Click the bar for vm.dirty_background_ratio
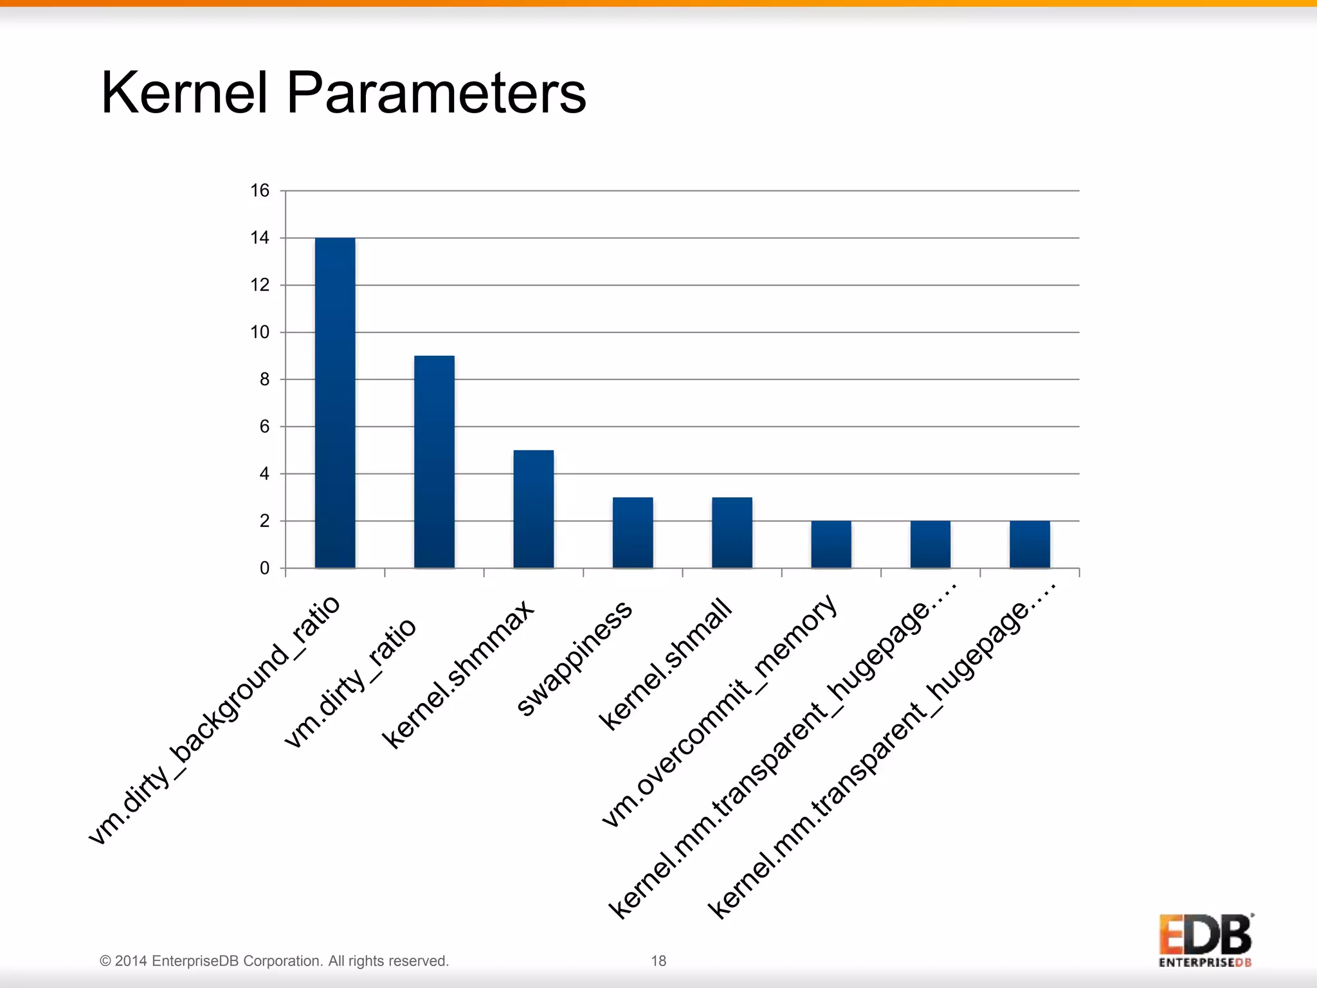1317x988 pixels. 335,403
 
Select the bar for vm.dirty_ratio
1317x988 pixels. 434,462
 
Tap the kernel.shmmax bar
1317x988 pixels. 533,509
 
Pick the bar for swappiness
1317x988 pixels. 633,533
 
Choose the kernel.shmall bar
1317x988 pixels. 732,533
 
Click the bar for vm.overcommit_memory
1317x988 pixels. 831,544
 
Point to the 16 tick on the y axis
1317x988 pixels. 260,191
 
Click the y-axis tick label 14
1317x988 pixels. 260,238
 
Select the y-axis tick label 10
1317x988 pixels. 260,333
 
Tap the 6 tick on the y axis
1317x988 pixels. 264,426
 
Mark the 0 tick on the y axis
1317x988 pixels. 264,568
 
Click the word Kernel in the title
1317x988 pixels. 184,93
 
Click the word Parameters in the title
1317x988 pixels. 436,93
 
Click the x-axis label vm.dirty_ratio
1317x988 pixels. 350,683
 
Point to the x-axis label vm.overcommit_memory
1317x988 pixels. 719,711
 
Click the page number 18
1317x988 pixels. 658,961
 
